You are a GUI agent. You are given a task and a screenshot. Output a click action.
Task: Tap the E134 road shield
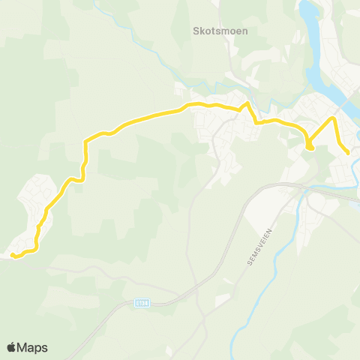coord(143,303)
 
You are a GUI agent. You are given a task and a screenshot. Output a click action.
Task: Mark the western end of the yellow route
coord(13,256)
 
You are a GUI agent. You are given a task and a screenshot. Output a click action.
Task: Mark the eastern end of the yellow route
coord(349,153)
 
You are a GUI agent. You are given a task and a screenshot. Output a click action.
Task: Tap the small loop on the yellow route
coord(309,145)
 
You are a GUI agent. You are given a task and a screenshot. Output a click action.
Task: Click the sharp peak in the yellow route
coord(247,103)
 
